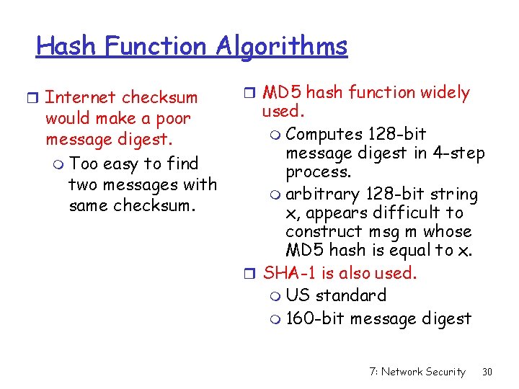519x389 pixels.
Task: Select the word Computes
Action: coord(324,134)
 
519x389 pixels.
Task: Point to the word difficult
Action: coord(409,213)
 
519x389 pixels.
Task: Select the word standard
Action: coord(352,295)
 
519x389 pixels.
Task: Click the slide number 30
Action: coord(487,372)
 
